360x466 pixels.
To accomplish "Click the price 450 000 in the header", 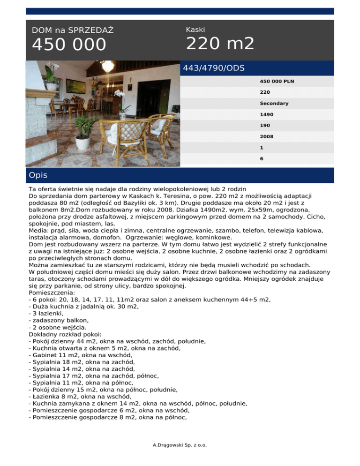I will (x=69, y=45).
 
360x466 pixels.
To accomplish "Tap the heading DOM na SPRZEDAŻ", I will (x=73, y=30).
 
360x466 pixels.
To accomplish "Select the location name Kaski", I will (x=195, y=30).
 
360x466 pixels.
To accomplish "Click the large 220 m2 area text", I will (x=220, y=44).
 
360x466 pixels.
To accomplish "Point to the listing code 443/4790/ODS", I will (x=214, y=68).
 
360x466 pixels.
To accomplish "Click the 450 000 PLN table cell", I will (x=274, y=81).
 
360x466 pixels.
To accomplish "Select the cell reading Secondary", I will (x=274, y=103).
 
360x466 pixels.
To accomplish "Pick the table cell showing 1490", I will (x=267, y=114).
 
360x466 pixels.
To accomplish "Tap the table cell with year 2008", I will (x=267, y=136).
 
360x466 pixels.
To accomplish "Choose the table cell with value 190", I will (x=265, y=126).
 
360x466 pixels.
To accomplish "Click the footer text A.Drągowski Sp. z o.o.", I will (x=180, y=444).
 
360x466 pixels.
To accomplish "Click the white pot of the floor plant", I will (x=83, y=143).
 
